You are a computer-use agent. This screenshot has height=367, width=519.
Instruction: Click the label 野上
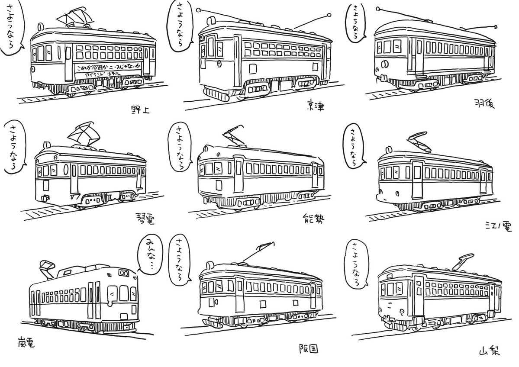point(139,109)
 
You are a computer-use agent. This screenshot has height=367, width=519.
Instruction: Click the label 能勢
point(312,218)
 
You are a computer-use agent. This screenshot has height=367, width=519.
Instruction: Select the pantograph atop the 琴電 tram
point(85,134)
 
